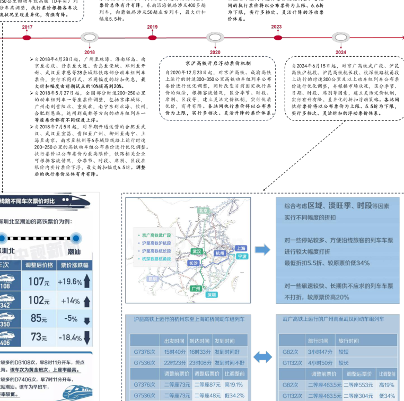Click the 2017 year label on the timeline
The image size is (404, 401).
(x=27, y=28)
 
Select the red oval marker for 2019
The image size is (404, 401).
(x=152, y=37)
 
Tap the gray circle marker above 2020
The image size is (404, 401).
(x=215, y=38)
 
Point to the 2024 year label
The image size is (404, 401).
(x=340, y=52)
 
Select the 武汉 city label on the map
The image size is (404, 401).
(x=197, y=251)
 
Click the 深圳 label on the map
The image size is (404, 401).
(x=212, y=294)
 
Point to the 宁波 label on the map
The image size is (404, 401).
(x=242, y=256)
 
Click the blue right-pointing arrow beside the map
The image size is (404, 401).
(x=262, y=250)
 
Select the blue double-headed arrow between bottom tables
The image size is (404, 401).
(x=263, y=357)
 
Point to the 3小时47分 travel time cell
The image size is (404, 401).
(x=320, y=351)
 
